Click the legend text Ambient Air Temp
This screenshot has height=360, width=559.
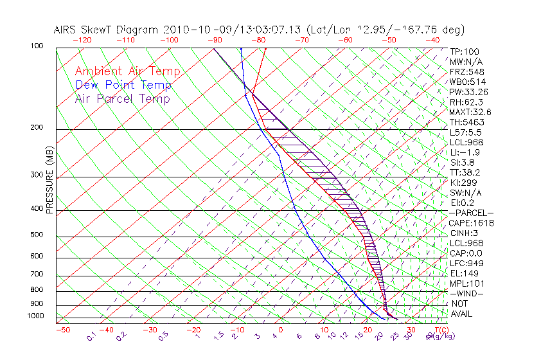[x=127, y=71]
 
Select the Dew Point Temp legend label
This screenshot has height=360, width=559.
[x=123, y=85]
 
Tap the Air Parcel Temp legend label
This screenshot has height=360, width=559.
[x=122, y=98]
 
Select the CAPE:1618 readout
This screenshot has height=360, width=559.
[x=471, y=223]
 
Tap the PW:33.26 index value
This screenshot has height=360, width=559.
[x=468, y=92]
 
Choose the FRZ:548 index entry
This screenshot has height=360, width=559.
[x=466, y=72]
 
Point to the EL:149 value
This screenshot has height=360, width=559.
[x=463, y=273]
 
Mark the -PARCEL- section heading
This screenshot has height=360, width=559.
[x=471, y=213]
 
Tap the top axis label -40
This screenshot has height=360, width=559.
[x=432, y=40]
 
